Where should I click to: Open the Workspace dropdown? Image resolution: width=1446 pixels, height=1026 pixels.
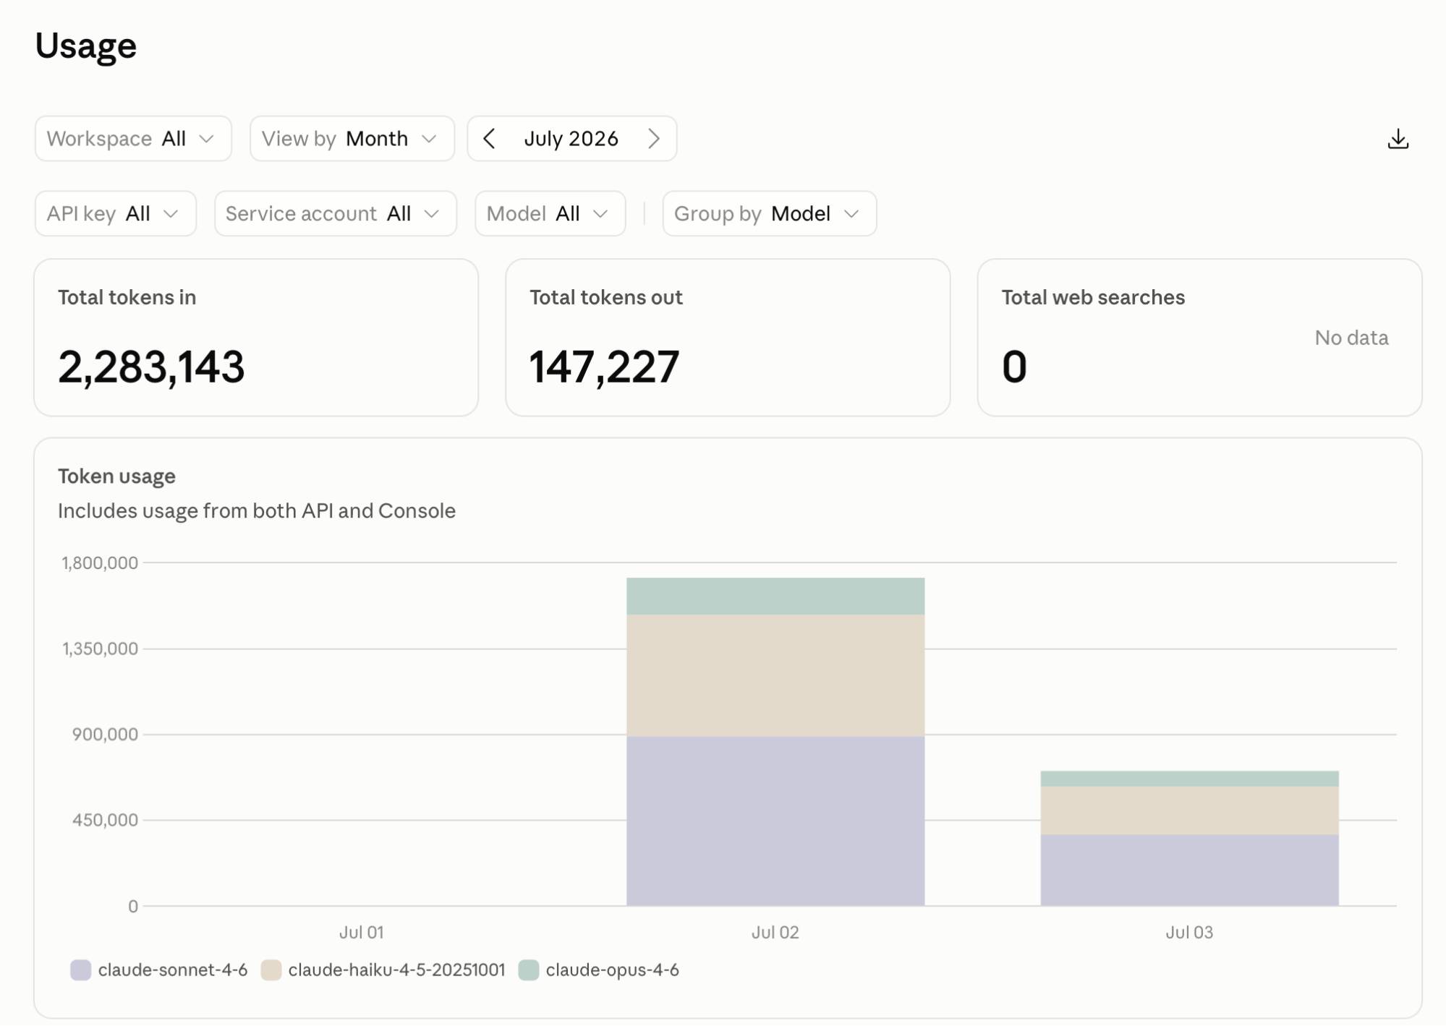click(x=133, y=138)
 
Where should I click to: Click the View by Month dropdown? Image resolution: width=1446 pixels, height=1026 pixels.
click(x=352, y=138)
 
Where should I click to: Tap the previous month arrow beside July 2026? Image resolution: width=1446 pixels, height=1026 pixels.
click(x=490, y=138)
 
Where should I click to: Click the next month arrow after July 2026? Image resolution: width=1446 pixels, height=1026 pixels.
click(x=654, y=138)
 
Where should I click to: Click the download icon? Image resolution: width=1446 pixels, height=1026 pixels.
click(x=1398, y=139)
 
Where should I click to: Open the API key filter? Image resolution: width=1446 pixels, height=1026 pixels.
click(x=116, y=213)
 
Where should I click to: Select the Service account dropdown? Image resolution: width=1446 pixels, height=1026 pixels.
click(x=336, y=213)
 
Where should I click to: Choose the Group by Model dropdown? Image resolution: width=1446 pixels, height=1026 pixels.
click(x=770, y=213)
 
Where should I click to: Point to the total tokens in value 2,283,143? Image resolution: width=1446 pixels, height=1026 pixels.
click(x=151, y=367)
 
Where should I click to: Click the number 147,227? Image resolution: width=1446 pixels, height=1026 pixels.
click(x=604, y=367)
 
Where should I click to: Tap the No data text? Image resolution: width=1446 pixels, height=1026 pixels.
click(x=1351, y=338)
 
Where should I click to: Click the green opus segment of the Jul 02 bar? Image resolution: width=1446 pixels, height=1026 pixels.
click(x=775, y=597)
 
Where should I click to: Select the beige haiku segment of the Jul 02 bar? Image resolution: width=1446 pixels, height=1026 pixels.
click(x=775, y=676)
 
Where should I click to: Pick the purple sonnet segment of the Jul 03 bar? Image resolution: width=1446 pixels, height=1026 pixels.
click(x=1189, y=871)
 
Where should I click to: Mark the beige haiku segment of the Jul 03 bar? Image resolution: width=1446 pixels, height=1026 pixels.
click(x=1189, y=811)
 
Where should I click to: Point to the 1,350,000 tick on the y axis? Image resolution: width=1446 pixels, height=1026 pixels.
click(x=100, y=649)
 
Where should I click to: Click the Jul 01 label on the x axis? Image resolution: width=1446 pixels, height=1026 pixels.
click(x=362, y=932)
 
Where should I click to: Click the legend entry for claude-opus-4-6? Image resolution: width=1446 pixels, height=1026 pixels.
click(x=599, y=970)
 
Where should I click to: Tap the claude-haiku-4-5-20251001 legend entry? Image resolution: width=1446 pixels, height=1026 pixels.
click(x=383, y=970)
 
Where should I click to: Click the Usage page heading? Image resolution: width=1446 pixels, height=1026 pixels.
click(x=86, y=46)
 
